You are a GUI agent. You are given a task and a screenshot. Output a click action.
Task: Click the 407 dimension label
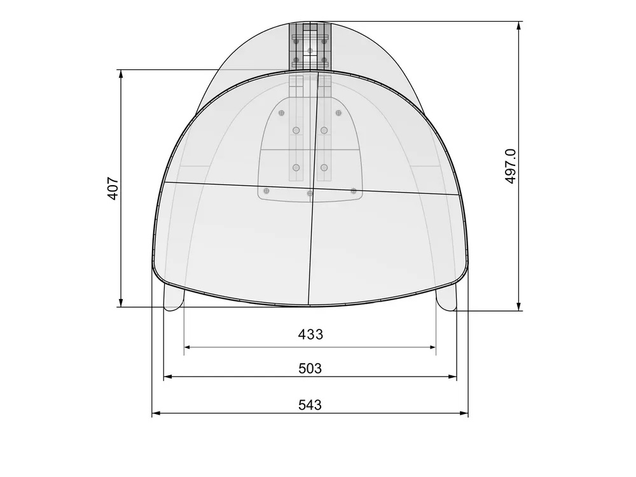coord(113,189)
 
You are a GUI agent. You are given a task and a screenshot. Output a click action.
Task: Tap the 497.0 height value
coord(511,166)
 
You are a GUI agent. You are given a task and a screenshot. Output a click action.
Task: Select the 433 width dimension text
coord(310,335)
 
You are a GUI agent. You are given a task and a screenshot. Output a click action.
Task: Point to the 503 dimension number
coord(310,369)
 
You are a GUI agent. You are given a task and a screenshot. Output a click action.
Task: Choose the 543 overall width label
coord(310,404)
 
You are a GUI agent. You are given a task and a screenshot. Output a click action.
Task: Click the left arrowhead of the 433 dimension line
coord(188,347)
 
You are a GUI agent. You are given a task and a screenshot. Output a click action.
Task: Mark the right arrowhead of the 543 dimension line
coord(464,413)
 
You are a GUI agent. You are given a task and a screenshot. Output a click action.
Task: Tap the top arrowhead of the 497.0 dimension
coord(519,25)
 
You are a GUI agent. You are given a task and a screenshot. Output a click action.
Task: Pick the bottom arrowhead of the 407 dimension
coord(120,303)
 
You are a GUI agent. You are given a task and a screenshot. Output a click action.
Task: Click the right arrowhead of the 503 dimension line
coord(453,377)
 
